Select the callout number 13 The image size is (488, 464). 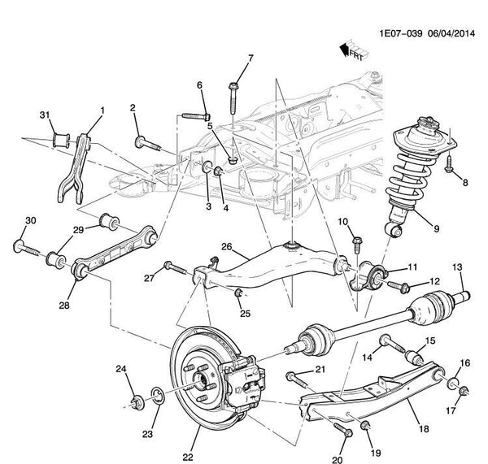[456, 267]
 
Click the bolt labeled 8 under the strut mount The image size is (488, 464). [451, 170]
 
